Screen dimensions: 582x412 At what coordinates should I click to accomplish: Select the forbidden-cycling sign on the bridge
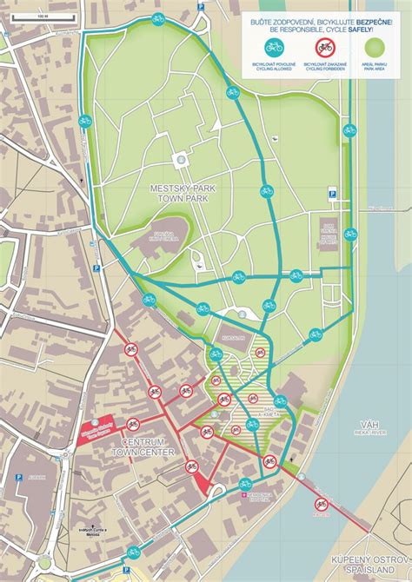[x=322, y=503]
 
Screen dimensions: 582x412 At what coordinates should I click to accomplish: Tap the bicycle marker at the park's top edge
[x=157, y=18]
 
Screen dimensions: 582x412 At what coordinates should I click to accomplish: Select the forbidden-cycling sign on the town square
[x=133, y=424]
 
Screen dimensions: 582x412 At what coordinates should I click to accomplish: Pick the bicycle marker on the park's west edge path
[x=84, y=121]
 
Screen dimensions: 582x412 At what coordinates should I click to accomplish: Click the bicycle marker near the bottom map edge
[x=133, y=552]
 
